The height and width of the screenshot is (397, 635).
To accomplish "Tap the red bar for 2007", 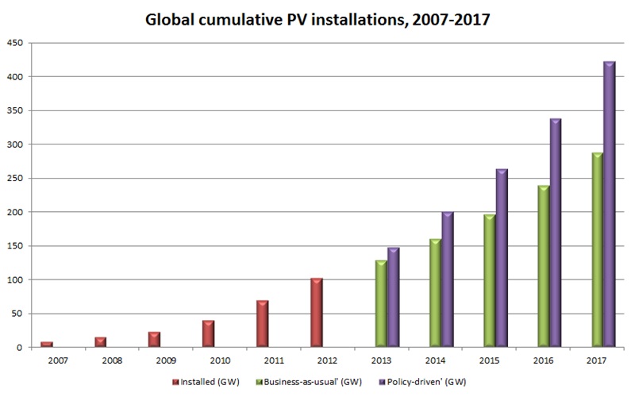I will pos(45,345).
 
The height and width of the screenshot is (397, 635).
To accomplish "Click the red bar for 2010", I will pos(208,333).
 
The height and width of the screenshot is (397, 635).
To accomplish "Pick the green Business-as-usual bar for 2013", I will pos(380,304).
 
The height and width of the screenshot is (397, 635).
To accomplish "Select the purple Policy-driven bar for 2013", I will pos(393,298).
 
